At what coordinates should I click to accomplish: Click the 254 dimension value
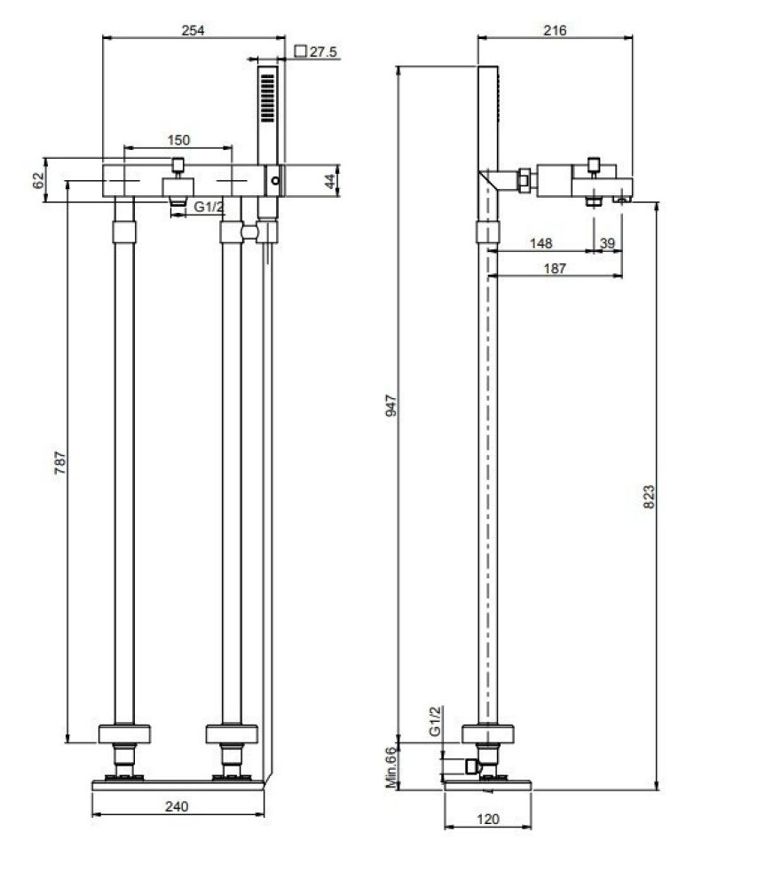193,30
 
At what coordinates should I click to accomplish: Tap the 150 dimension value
178,140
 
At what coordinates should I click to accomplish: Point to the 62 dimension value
38,180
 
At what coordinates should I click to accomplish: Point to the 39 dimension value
607,243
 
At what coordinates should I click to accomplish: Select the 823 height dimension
649,498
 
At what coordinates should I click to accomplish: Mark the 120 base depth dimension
486,819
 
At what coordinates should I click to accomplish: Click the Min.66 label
390,767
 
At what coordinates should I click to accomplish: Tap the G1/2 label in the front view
209,208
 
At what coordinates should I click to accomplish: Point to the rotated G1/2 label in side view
435,722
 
